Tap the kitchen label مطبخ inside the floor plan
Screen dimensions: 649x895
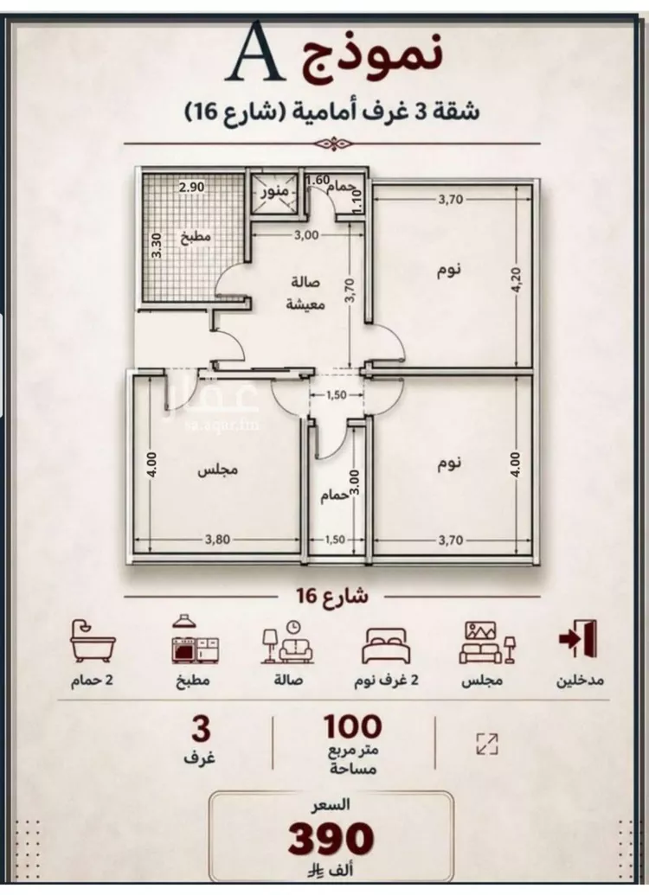196,236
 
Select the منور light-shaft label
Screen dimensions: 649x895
275,192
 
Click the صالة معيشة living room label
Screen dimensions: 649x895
305,293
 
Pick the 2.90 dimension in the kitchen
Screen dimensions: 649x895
191,187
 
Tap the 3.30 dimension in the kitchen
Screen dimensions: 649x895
157,245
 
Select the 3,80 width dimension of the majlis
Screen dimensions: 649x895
218,540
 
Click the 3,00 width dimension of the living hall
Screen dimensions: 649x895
306,234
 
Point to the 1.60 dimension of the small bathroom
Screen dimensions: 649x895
318,181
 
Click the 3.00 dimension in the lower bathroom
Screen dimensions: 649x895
354,482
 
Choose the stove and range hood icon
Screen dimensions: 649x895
196,639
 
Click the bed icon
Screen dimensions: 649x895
385,645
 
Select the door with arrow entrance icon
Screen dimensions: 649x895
577,638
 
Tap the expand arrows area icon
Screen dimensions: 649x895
486,745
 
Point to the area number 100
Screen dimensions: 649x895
353,727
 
